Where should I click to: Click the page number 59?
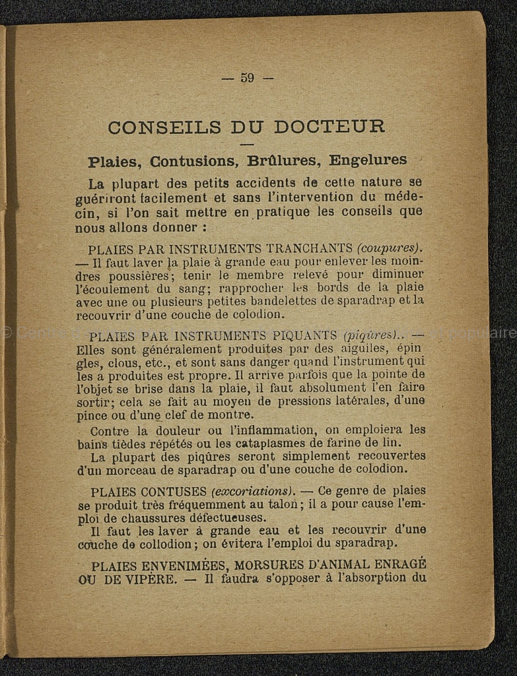tap(247, 78)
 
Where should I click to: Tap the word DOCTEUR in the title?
tap(329, 127)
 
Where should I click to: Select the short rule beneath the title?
tap(247, 145)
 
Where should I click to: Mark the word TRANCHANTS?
tap(309, 249)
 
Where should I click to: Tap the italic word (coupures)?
tap(389, 249)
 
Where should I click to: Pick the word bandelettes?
tap(312, 300)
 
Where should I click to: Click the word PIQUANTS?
tap(300, 335)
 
